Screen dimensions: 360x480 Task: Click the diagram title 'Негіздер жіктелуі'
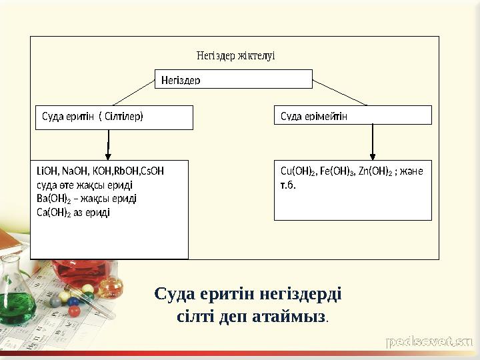(x=235, y=55)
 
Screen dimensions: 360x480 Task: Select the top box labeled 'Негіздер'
(x=233, y=79)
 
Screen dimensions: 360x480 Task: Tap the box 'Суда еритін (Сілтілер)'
(x=114, y=117)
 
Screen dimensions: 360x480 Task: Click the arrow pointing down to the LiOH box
(x=109, y=143)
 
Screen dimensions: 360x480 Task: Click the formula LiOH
(x=48, y=171)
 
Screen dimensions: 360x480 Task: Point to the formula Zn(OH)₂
(x=375, y=171)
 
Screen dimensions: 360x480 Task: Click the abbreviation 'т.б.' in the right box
(x=288, y=184)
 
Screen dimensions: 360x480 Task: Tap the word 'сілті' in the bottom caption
(x=196, y=315)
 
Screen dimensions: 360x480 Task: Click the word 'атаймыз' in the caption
(x=291, y=315)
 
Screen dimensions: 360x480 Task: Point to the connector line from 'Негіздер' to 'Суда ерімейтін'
(x=340, y=92)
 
